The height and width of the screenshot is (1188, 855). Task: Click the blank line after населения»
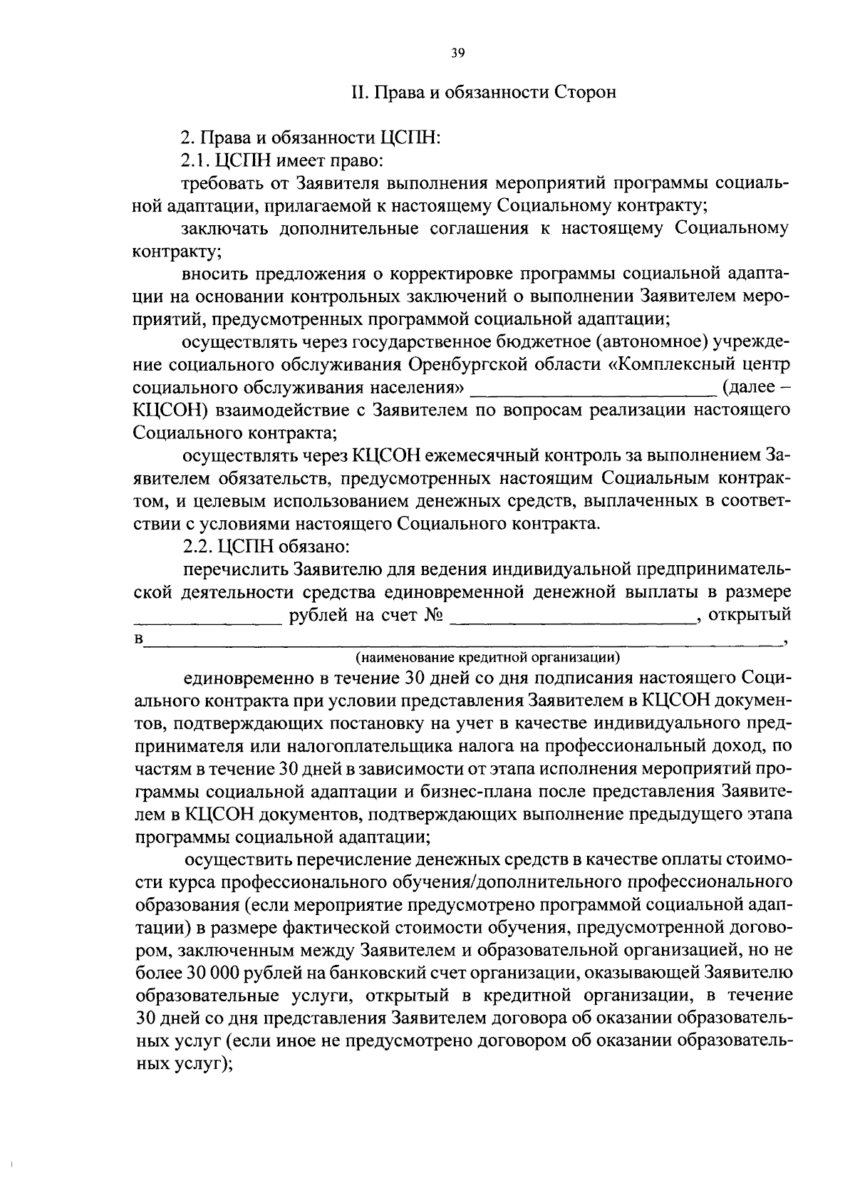pyautogui.click(x=592, y=389)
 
